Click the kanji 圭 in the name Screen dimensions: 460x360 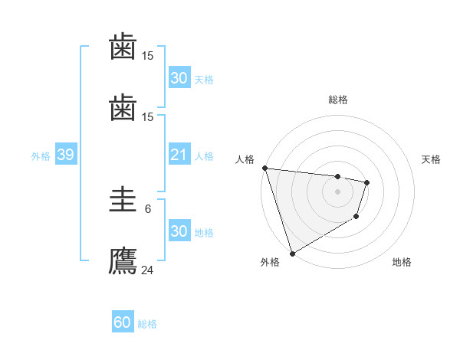click(123, 201)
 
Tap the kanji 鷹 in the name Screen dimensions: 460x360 click(123, 261)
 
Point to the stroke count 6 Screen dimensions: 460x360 click(148, 208)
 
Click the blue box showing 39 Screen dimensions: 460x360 click(65, 155)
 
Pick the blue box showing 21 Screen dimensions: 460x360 click(179, 155)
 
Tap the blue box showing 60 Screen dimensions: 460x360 click(123, 323)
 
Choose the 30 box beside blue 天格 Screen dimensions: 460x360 click(179, 78)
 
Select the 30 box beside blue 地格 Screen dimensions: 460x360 click(179, 232)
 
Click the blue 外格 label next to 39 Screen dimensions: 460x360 click(41, 156)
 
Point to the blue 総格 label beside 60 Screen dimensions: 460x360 click(147, 324)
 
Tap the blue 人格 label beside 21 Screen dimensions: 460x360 click(204, 156)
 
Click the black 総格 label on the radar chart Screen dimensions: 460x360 click(338, 100)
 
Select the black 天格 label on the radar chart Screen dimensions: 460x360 click(432, 159)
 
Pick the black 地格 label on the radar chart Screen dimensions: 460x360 click(402, 263)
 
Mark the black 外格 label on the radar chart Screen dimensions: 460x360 click(270, 263)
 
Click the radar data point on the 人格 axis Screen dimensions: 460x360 click(264, 168)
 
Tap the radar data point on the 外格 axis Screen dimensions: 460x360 click(292, 253)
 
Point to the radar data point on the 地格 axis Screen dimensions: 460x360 click(356, 217)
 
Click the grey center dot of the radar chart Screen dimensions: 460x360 click(337, 191)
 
